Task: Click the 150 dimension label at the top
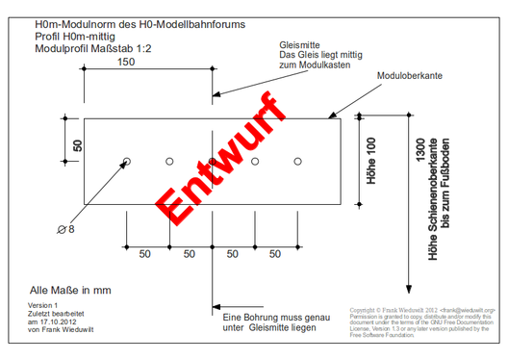(x=126, y=63)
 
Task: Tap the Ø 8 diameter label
(x=66, y=229)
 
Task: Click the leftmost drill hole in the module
(x=126, y=161)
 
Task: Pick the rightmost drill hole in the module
(x=298, y=161)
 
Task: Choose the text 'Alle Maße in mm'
(x=71, y=289)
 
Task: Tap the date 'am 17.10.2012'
(x=55, y=322)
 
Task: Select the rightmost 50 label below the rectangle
(x=276, y=254)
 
